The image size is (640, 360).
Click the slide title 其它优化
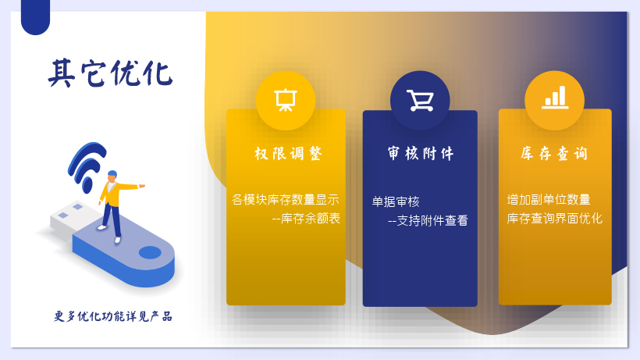click(111, 73)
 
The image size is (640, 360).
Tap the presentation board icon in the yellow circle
click(286, 100)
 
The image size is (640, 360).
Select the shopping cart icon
click(420, 101)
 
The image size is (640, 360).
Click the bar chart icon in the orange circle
click(555, 98)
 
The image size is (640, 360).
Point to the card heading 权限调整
click(288, 154)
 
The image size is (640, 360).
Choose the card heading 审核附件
click(421, 154)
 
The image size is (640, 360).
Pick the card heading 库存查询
click(554, 154)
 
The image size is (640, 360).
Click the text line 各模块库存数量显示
click(286, 200)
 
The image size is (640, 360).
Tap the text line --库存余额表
click(306, 219)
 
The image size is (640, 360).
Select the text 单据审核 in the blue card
click(396, 201)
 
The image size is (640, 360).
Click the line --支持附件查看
click(428, 221)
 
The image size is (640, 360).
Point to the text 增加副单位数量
click(549, 200)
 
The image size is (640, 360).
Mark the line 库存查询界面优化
click(555, 219)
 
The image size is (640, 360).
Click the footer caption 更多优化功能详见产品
click(113, 316)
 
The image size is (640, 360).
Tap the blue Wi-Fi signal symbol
click(86, 166)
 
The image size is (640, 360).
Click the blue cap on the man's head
click(112, 174)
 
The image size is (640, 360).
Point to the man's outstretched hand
click(141, 186)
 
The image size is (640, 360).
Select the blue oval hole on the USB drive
click(150, 253)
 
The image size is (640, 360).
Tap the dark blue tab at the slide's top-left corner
click(35, 17)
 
